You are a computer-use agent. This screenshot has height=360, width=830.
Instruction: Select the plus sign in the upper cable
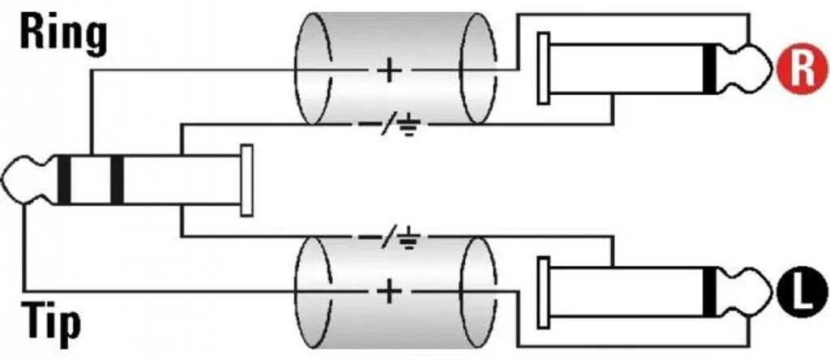pos(390,70)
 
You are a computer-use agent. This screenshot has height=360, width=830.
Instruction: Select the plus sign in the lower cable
pos(390,292)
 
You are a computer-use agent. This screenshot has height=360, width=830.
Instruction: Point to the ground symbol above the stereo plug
pos(409,127)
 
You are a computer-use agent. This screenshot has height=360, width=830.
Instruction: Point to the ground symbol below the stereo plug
pos(409,238)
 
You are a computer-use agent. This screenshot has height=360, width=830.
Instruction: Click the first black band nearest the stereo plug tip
pos(64,180)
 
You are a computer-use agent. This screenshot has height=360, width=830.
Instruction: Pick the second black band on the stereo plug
pos(117,180)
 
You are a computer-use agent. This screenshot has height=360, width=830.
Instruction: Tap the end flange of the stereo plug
pos(246,180)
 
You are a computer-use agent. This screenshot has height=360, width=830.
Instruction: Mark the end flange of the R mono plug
pos(543,68)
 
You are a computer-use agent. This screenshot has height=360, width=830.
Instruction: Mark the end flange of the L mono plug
pos(543,292)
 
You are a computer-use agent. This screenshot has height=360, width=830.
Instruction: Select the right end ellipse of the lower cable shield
pos(478,292)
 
